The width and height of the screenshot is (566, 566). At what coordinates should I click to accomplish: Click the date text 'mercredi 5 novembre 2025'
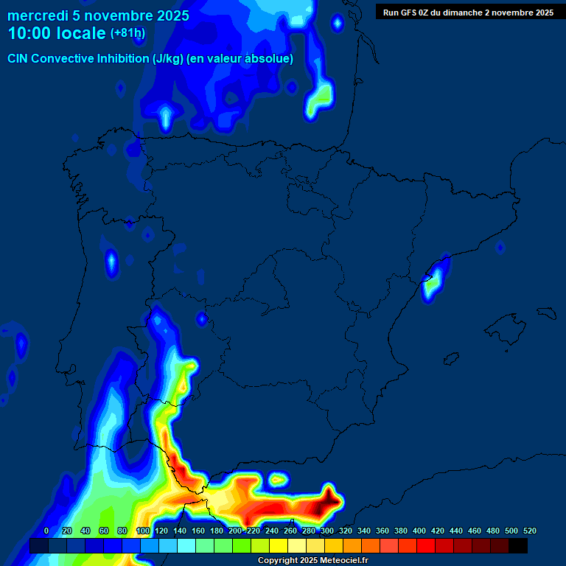98,15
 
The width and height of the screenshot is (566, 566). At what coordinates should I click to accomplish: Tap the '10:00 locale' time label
57,33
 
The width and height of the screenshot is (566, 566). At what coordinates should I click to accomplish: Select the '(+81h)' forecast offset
127,33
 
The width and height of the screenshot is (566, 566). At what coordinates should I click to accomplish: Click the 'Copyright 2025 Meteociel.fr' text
312,561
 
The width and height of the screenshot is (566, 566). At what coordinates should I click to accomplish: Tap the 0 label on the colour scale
46,531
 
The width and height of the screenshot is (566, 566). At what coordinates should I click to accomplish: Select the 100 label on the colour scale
143,531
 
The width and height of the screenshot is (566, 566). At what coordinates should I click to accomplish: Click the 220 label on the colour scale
254,531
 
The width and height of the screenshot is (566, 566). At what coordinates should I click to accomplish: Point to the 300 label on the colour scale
327,531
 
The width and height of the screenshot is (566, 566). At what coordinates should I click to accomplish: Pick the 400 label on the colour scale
419,531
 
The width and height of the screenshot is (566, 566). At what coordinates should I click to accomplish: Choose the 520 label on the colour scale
529,531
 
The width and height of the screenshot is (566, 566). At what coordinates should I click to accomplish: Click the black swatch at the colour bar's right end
518,546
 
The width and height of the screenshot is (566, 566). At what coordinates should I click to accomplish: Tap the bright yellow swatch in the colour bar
279,546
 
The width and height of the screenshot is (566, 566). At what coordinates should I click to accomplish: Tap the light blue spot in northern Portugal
111,262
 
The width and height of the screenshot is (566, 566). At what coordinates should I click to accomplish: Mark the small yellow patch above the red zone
277,480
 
